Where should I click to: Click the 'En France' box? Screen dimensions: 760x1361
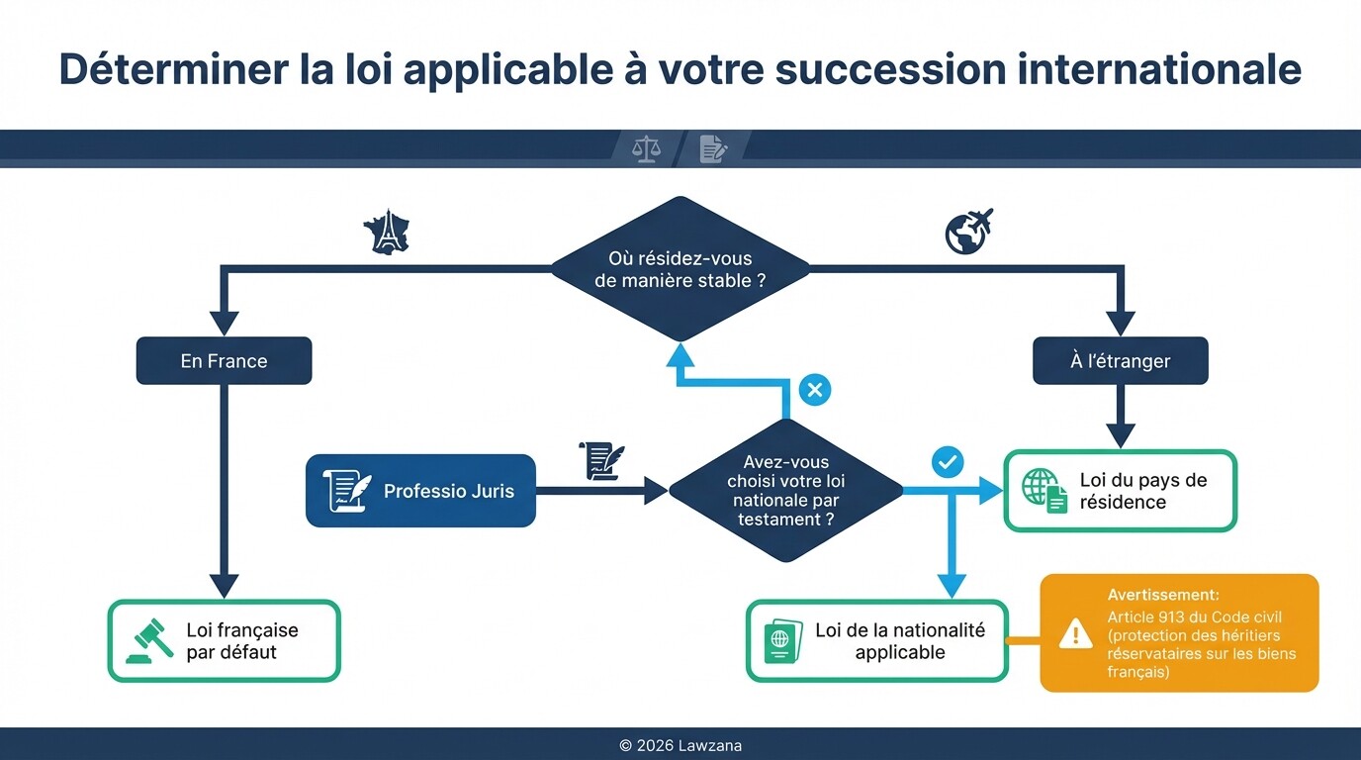[x=224, y=361]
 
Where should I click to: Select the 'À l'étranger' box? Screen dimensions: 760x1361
[x=1120, y=361]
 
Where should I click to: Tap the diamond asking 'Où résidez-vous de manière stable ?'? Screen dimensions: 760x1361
[x=680, y=269]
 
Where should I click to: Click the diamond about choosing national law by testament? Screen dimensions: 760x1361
[x=785, y=490]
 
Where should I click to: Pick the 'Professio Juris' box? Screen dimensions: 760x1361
[x=420, y=491]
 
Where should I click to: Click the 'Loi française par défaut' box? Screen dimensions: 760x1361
[x=224, y=641]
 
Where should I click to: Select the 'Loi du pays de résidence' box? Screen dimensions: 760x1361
[x=1120, y=491]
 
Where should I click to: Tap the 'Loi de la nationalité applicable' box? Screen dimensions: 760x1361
[x=876, y=641]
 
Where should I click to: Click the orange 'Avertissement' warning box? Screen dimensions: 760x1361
[x=1179, y=632]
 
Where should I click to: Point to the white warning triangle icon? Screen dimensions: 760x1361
[x=1075, y=633]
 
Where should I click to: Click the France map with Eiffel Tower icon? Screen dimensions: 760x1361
[x=387, y=232]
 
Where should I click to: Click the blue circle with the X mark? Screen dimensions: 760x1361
[x=814, y=390]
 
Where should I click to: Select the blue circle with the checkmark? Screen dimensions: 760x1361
[x=948, y=460]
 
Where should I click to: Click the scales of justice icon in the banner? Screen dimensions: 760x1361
[x=646, y=149]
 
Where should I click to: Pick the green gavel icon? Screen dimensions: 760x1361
[x=149, y=641]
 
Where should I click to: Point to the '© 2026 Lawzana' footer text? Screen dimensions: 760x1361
[x=680, y=745]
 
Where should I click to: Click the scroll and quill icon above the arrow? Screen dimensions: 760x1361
[x=601, y=459]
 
